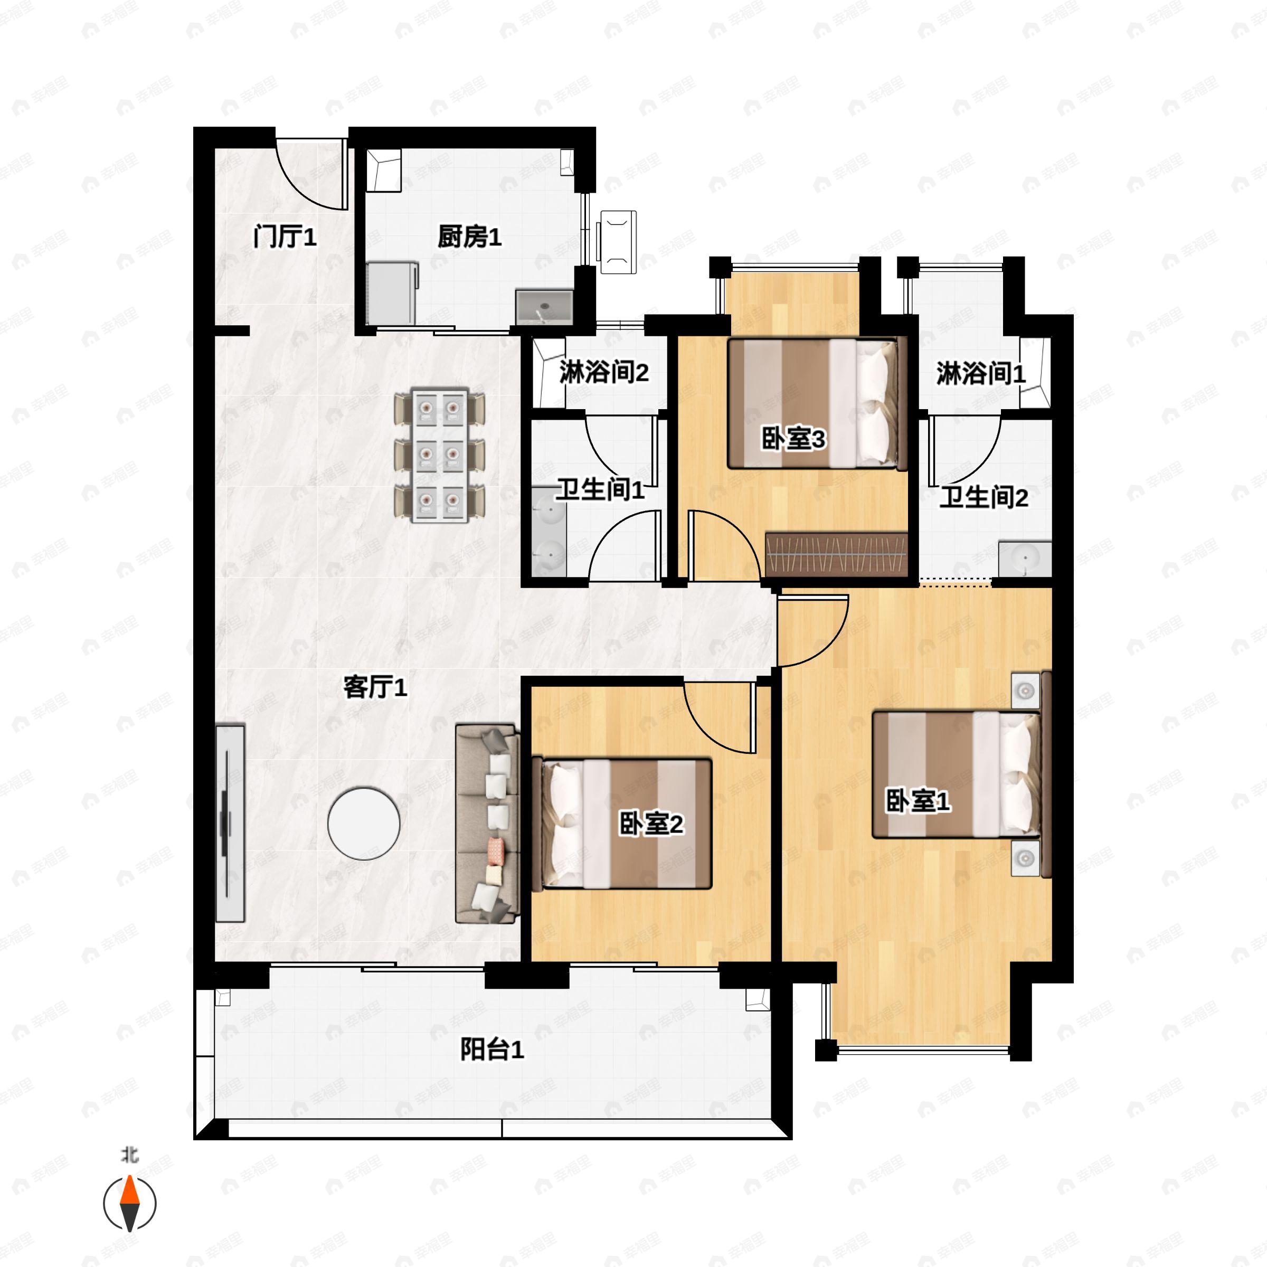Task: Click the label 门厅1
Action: point(285,237)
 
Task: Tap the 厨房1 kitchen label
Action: point(469,237)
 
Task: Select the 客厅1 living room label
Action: point(375,687)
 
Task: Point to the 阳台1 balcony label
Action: point(492,1050)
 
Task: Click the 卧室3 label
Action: point(793,439)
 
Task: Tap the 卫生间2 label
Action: point(983,497)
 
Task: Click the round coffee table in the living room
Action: point(363,824)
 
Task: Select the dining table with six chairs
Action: point(439,456)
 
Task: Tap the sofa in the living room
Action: point(487,824)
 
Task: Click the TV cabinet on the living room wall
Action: point(230,824)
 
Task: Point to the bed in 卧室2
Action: point(623,824)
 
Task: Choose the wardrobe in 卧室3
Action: point(836,554)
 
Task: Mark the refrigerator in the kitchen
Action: point(392,293)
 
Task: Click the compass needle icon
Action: point(130,1204)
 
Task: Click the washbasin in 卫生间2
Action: point(1024,559)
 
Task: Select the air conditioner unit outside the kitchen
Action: point(618,242)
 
